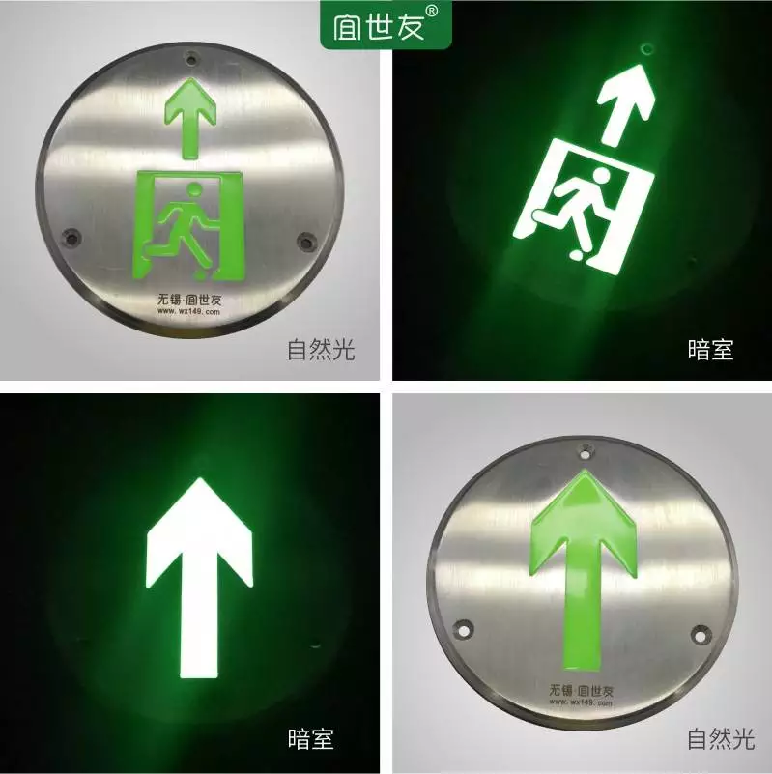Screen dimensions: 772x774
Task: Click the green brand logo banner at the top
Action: click(386, 25)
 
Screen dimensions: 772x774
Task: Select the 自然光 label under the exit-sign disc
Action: click(321, 350)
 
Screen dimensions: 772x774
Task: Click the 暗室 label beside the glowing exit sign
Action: click(710, 350)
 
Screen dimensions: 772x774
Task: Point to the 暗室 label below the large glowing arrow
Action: click(310, 739)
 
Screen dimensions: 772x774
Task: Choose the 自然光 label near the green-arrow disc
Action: click(721, 739)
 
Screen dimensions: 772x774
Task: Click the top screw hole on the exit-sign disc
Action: click(191, 60)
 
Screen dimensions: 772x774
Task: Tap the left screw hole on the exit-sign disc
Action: click(72, 238)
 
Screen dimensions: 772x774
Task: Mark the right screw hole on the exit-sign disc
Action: click(306, 242)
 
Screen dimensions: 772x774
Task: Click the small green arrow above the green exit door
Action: click(190, 119)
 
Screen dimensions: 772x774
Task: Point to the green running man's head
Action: click(194, 189)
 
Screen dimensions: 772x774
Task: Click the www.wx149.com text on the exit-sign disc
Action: click(189, 311)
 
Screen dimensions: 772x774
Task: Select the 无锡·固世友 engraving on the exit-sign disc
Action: click(189, 300)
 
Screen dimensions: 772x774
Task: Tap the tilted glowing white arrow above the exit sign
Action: click(625, 105)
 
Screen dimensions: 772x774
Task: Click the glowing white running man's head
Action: click(601, 176)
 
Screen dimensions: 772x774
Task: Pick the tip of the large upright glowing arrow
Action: click(200, 477)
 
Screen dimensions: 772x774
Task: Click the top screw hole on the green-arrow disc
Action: click(586, 451)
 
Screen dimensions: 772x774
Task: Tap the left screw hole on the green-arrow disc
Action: click(463, 629)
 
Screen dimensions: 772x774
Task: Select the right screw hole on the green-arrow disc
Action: click(701, 634)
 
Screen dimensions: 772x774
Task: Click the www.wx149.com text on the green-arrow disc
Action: click(581, 702)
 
